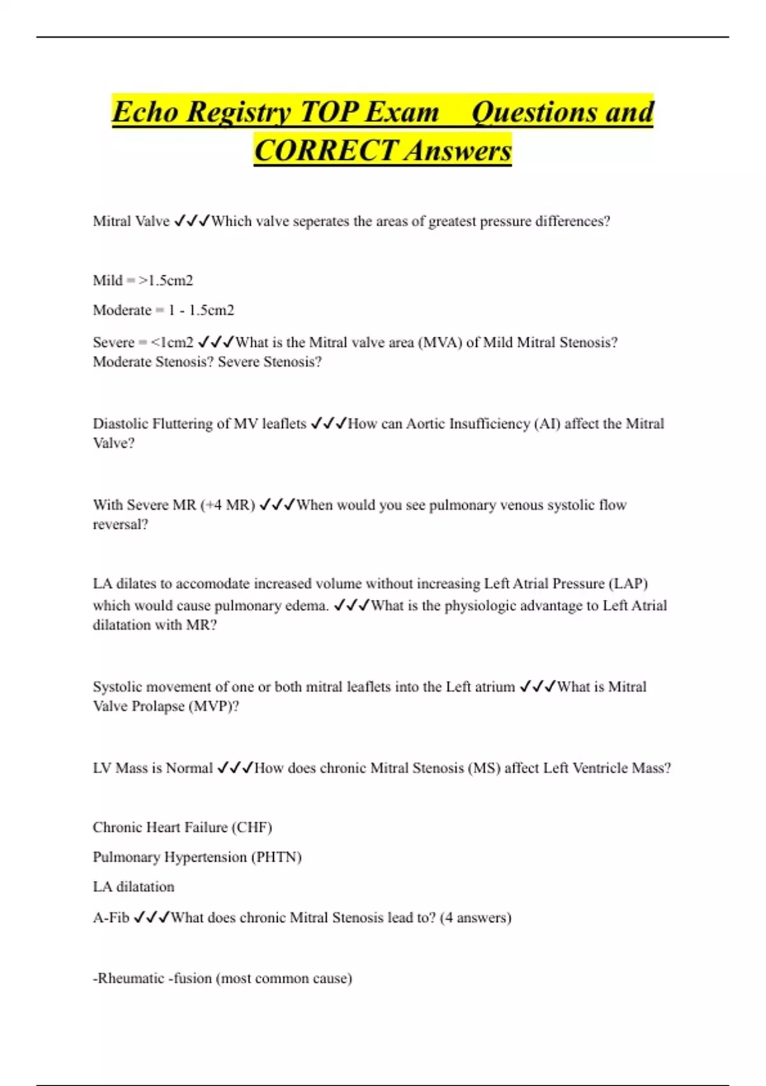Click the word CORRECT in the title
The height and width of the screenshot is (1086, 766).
[326, 151]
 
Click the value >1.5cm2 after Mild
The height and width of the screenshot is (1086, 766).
[166, 280]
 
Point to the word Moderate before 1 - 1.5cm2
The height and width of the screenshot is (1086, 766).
[122, 310]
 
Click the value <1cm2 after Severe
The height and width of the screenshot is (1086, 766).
[172, 342]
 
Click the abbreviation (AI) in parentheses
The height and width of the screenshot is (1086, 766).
[547, 424]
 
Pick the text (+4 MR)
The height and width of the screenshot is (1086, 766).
[228, 505]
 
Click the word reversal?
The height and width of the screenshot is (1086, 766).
[121, 524]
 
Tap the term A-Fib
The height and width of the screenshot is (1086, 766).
[111, 918]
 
